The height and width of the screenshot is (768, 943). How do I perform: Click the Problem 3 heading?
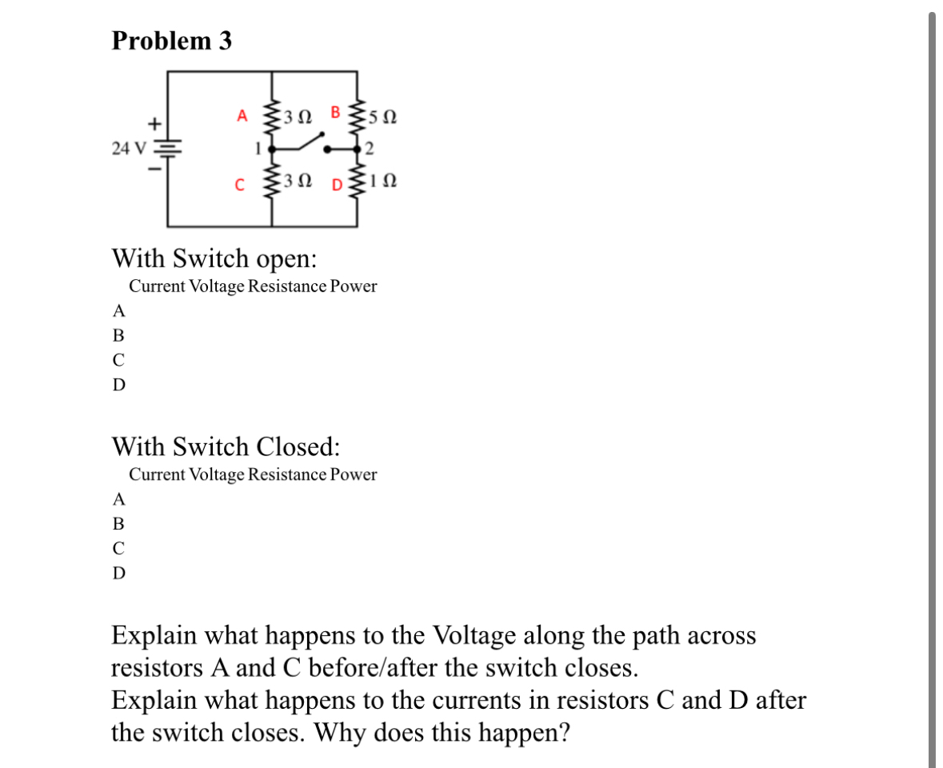coord(172,41)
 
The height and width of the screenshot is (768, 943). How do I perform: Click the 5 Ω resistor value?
coord(383,117)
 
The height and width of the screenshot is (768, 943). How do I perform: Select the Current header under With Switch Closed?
coord(157,474)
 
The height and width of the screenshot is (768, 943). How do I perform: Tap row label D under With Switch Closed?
coord(118,574)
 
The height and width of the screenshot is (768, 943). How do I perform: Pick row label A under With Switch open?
coord(118,310)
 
